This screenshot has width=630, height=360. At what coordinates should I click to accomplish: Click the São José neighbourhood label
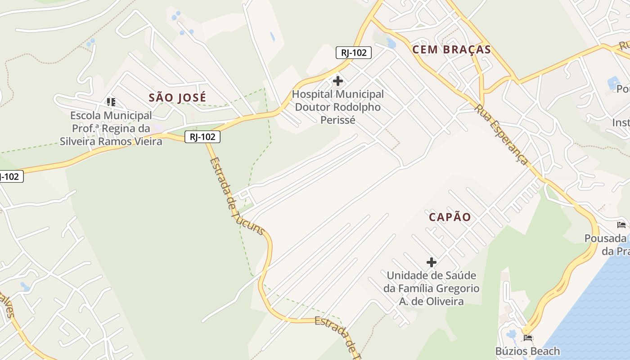[x=177, y=97]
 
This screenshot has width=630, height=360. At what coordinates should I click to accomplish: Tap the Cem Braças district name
[x=451, y=49]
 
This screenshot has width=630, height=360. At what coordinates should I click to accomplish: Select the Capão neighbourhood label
[x=450, y=217]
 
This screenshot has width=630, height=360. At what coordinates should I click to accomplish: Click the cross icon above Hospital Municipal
[x=337, y=81]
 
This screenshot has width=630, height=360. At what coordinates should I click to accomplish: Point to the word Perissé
[x=337, y=120]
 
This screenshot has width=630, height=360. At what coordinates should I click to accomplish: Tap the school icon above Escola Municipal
[x=111, y=102]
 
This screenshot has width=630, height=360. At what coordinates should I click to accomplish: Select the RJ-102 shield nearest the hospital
[x=354, y=53]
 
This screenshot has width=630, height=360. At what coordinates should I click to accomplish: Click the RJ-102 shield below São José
[x=202, y=137]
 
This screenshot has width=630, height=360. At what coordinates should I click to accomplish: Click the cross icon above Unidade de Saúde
[x=431, y=262]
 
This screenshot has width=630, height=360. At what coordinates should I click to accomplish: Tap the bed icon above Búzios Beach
[x=527, y=337]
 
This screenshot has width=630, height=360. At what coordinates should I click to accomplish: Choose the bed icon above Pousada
[x=621, y=225]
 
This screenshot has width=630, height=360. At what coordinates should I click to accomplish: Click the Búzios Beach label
[x=527, y=351]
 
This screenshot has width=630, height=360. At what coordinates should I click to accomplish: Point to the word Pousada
[x=606, y=238]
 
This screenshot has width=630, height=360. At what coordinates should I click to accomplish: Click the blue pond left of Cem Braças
[x=391, y=44]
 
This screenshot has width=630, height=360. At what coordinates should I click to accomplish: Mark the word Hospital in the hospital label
[x=313, y=94]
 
